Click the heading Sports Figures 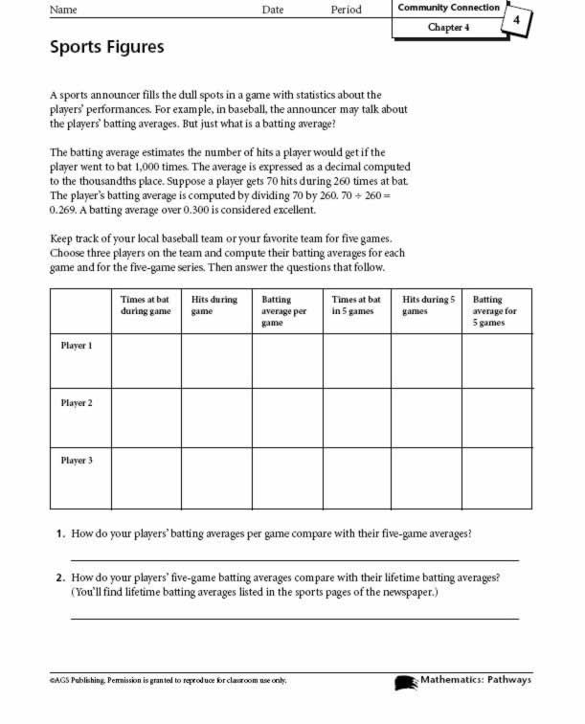coord(106,46)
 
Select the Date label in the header coord(274,11)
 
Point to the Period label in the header coord(346,11)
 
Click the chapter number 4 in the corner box coord(516,20)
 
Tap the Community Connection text coord(448,8)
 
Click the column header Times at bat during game coord(146,305)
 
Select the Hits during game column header coord(214,305)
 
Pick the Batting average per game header coord(284,311)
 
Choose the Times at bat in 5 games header coord(355,305)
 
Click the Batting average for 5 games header coord(495,311)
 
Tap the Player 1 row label coord(77,346)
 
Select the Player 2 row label coord(77,403)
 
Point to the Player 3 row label coord(77,461)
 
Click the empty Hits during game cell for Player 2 coord(216,418)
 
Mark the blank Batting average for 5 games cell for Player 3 coord(496,477)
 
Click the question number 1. coord(59,533)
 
